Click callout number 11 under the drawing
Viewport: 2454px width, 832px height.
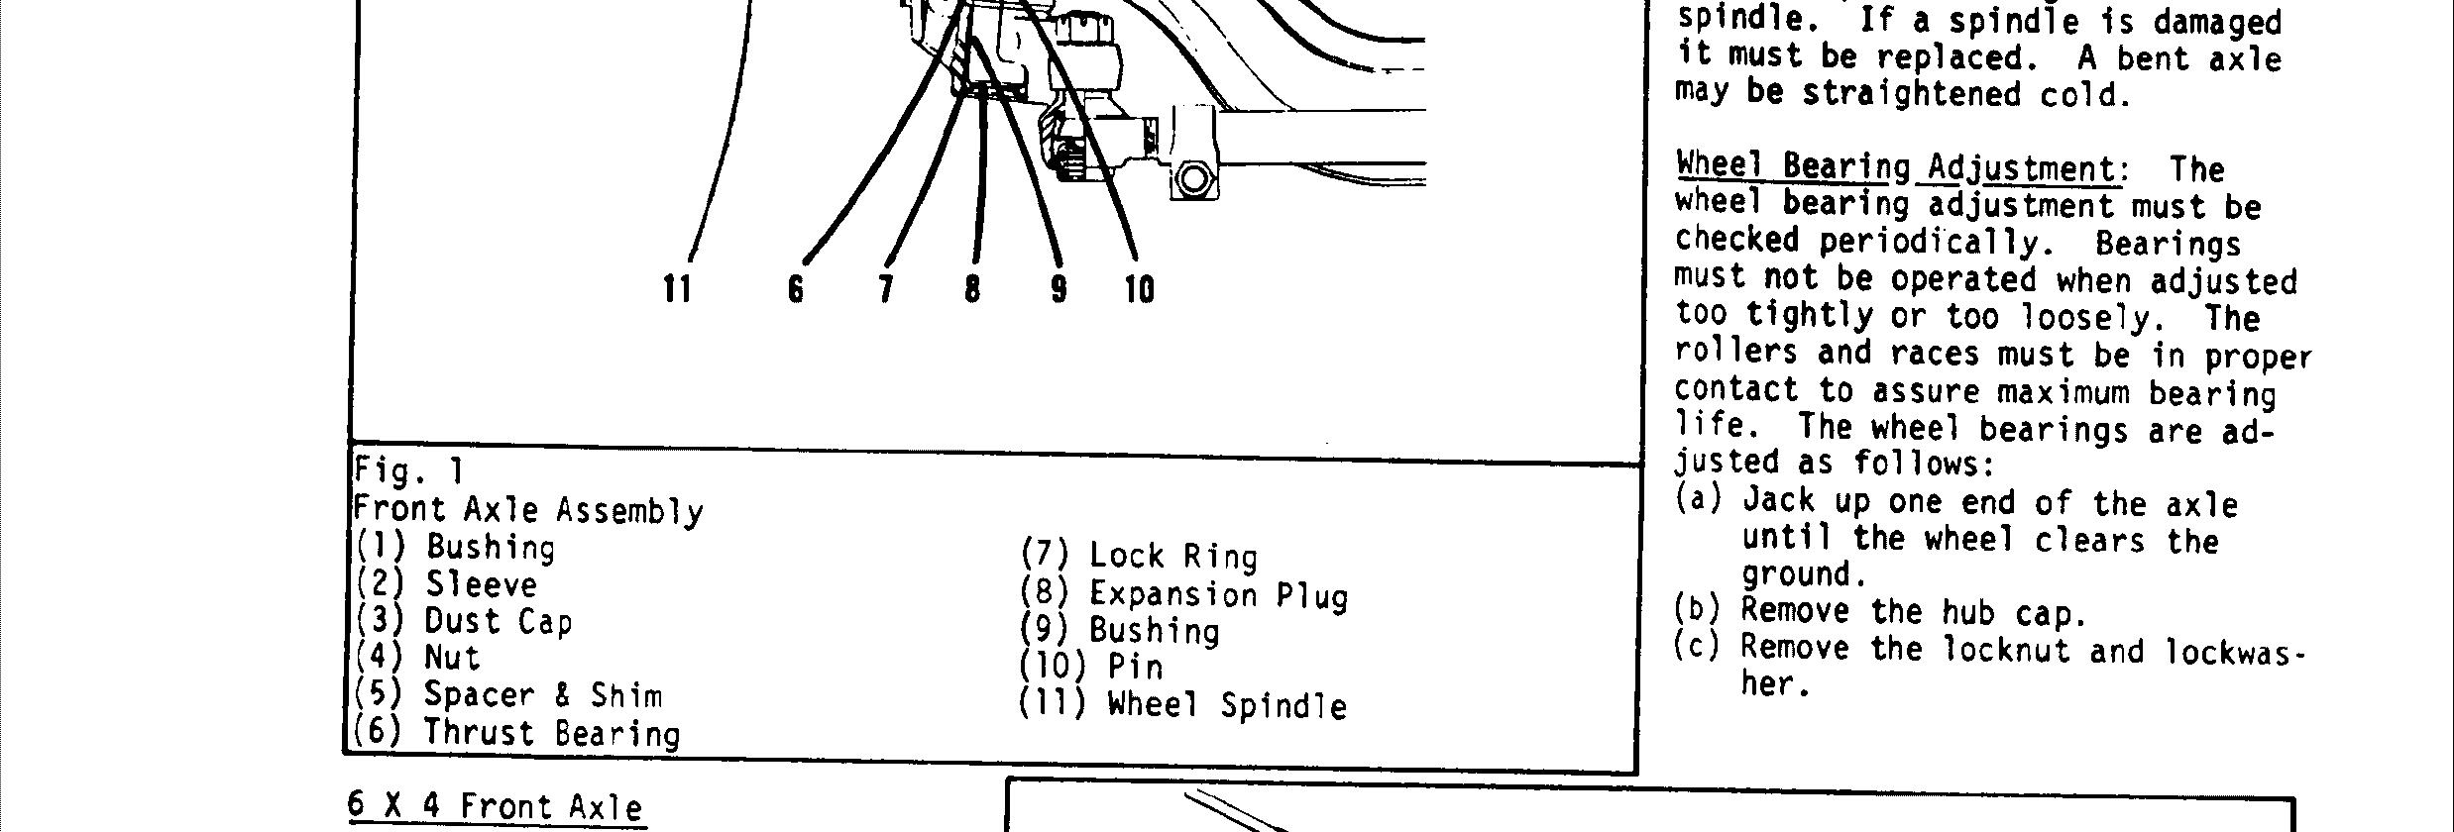[677, 289]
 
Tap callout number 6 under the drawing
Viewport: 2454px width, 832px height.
[795, 289]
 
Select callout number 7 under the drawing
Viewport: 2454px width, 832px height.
[885, 289]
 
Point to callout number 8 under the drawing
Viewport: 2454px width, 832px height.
[972, 289]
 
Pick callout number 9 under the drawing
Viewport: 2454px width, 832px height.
[1059, 289]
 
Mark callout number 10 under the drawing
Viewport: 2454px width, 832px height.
[1140, 289]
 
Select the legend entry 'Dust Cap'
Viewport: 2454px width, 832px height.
[498, 621]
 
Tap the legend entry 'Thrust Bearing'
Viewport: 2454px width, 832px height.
[551, 733]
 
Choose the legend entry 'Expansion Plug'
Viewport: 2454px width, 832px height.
[1218, 594]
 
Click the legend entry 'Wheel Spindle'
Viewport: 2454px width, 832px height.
[1227, 705]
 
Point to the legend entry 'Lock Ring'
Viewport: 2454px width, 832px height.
[1172, 557]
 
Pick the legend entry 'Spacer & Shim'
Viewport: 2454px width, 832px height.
[542, 695]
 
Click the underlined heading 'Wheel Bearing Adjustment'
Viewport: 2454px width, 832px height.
[1897, 167]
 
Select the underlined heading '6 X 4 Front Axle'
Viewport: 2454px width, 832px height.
[495, 806]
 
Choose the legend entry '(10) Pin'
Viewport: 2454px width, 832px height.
[1090, 668]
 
